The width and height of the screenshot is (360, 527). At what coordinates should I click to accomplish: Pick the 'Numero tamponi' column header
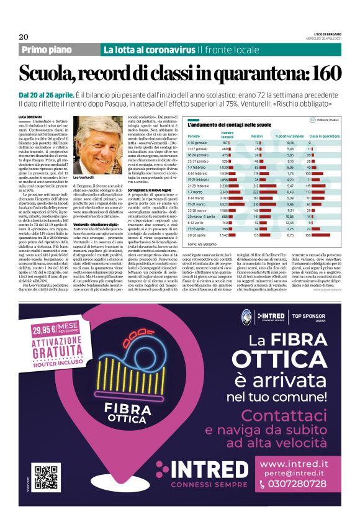click(x=227, y=133)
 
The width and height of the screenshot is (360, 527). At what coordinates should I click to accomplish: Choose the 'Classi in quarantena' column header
click(x=324, y=135)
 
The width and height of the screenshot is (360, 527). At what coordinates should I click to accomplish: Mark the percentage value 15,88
click(x=289, y=217)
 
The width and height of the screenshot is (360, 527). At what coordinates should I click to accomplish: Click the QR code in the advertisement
click(x=42, y=475)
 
